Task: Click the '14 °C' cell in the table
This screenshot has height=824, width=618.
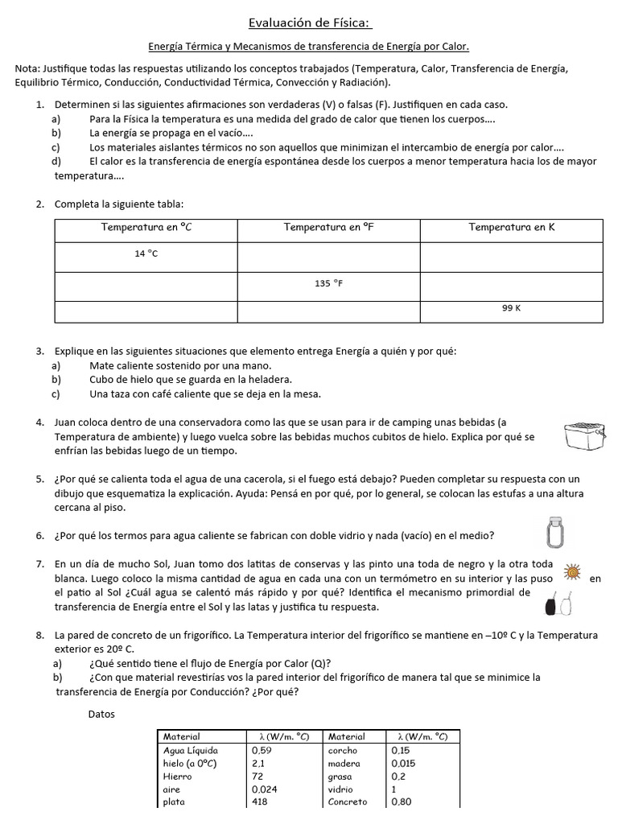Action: click(x=146, y=253)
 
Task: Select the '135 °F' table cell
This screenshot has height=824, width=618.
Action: click(x=329, y=283)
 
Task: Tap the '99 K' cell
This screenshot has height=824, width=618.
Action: click(x=512, y=308)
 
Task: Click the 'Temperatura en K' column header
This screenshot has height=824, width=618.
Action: click(x=512, y=227)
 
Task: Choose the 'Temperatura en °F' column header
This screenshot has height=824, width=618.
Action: click(x=329, y=227)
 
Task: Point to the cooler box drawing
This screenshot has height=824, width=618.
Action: click(x=584, y=435)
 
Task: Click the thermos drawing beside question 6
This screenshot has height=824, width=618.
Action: click(x=553, y=531)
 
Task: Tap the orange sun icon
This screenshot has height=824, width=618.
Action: click(x=572, y=572)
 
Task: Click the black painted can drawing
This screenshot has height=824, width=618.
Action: click(x=551, y=602)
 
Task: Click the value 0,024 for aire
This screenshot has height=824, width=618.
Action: click(x=264, y=789)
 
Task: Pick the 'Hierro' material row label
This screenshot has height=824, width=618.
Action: click(x=177, y=777)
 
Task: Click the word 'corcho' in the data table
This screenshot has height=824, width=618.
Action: click(x=342, y=750)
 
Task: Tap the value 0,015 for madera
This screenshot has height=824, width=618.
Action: click(x=404, y=763)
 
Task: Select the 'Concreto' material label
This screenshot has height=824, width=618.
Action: click(x=348, y=801)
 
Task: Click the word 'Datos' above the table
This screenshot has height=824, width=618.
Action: click(x=102, y=714)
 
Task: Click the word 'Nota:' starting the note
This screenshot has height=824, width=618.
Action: click(x=29, y=69)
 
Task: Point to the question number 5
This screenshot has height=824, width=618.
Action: click(x=39, y=479)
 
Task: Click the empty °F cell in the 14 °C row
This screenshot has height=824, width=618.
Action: click(x=329, y=257)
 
